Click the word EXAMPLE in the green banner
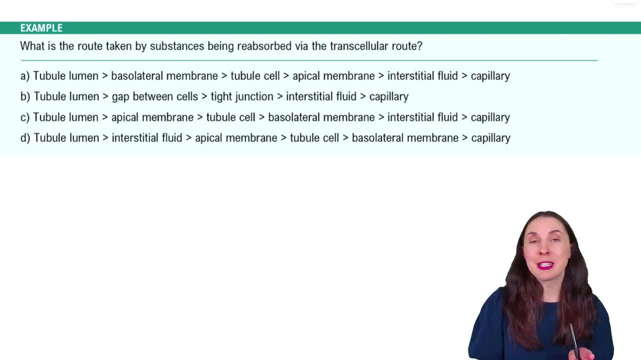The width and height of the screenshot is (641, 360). click(x=41, y=28)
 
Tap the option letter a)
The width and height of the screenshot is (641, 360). click(x=25, y=76)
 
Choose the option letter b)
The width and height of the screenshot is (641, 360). click(x=25, y=97)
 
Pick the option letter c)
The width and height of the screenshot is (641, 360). click(x=25, y=117)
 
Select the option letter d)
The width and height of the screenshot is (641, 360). click(x=25, y=138)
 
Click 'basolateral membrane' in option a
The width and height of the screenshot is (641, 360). click(x=164, y=76)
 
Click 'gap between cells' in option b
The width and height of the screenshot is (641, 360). click(x=154, y=97)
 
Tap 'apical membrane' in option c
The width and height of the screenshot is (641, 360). click(x=152, y=117)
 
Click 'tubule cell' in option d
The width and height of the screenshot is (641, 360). click(x=314, y=138)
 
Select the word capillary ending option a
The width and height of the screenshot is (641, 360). click(x=490, y=76)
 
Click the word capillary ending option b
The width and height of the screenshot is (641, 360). click(x=388, y=97)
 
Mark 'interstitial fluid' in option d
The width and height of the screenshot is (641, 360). click(x=147, y=138)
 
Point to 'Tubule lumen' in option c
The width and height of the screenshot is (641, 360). click(x=65, y=117)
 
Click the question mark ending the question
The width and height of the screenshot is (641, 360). click(x=419, y=46)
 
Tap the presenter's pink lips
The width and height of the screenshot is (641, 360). click(x=545, y=265)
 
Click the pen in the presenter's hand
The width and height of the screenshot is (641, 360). click(x=574, y=340)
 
